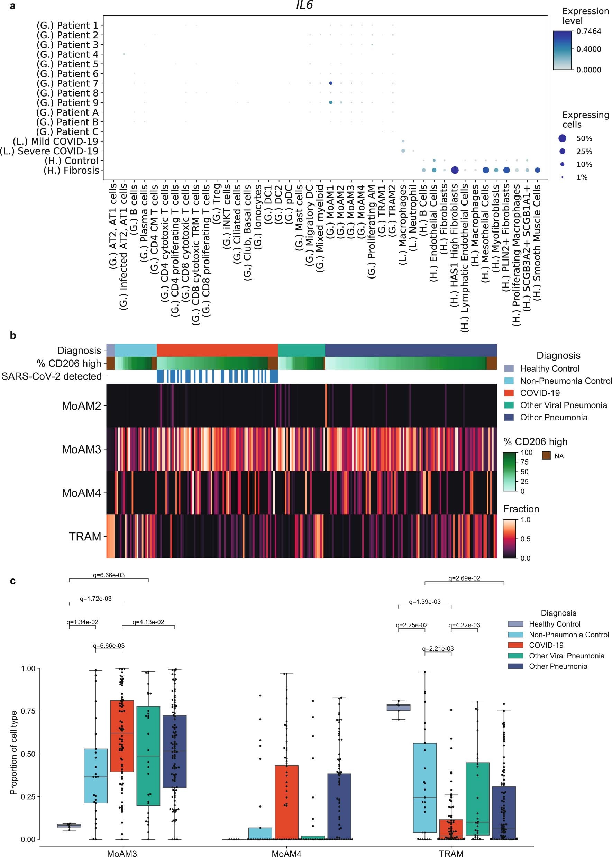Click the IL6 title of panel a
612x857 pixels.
coord(304,5)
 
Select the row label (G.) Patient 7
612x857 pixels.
coord(67,83)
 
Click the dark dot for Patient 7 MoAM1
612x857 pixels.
coord(330,83)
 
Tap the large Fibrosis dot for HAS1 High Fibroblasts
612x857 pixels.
coord(455,170)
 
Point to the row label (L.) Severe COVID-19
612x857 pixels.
coord(49,151)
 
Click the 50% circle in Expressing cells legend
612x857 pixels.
coord(562,138)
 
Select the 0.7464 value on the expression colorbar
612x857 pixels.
coord(588,31)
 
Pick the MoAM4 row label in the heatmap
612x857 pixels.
coord(81,493)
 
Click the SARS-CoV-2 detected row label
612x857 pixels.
coord(52,376)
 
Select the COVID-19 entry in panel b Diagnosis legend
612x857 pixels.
coord(540,393)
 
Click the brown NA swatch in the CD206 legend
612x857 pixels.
coord(546,456)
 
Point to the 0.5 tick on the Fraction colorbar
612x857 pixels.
coord(525,539)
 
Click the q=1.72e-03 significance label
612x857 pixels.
coord(96,599)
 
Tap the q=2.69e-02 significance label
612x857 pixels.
coord(464,578)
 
